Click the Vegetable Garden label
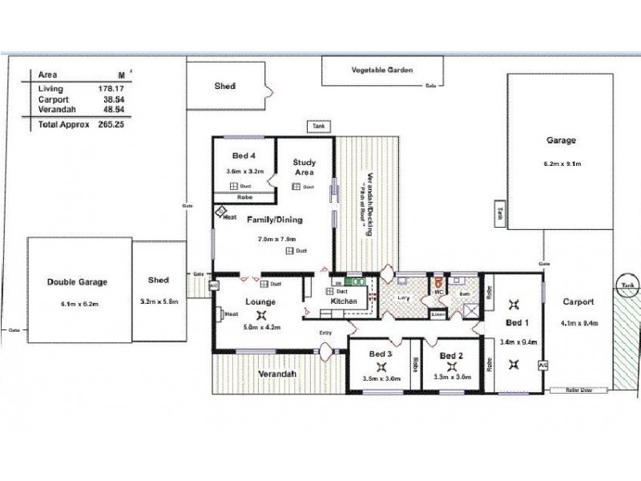pos(382,71)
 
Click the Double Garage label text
pos(78,281)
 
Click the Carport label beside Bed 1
pos(577,302)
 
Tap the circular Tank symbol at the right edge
pos(627,285)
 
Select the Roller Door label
pos(570,390)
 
